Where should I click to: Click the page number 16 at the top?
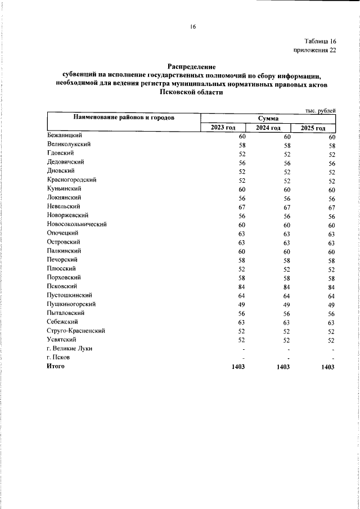(192, 26)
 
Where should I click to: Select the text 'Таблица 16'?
(320, 42)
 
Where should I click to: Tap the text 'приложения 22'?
(315, 51)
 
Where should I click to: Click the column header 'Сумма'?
(268, 118)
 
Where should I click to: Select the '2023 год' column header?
(223, 128)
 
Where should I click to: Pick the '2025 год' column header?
(312, 128)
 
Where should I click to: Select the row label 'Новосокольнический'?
(76, 224)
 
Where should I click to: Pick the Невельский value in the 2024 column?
(286, 207)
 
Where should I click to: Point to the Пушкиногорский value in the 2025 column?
(331, 304)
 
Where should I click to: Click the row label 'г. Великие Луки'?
(70, 349)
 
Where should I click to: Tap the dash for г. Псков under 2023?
(244, 358)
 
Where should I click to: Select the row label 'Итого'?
(56, 366)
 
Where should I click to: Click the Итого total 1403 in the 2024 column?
(283, 367)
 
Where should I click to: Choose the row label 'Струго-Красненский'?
(76, 331)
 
